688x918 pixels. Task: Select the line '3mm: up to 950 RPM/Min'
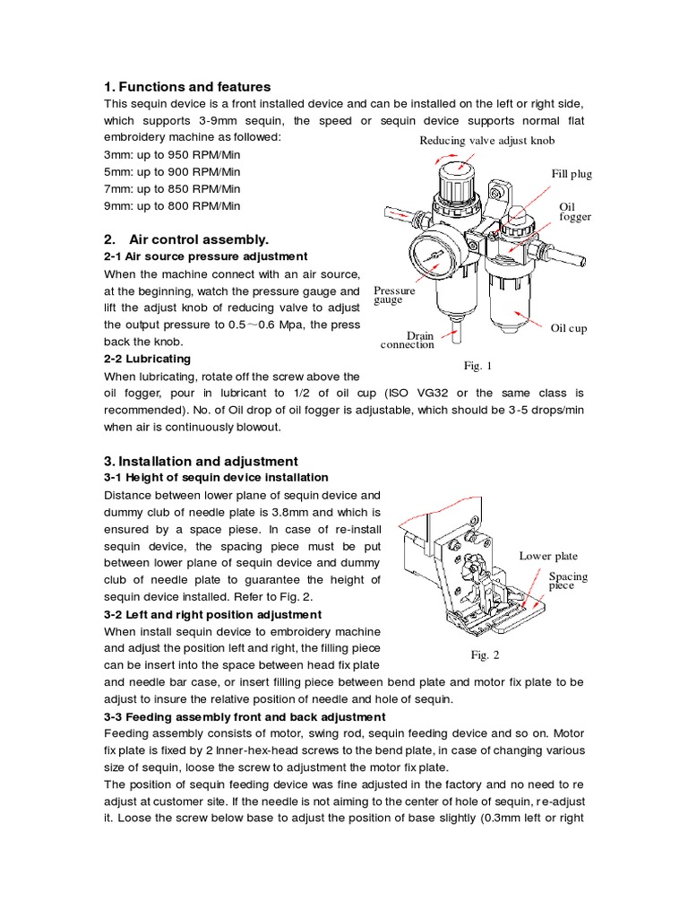(172, 154)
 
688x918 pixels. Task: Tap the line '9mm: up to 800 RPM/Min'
(172, 205)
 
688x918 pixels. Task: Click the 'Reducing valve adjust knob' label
(487, 142)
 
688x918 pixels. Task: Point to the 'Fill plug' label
(572, 174)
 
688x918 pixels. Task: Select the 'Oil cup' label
(569, 328)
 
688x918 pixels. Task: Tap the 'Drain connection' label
(408, 340)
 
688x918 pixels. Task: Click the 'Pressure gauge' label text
(394, 296)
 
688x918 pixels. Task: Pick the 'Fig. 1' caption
(477, 365)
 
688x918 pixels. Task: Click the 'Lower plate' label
(548, 556)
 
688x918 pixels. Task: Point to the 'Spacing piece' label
(568, 581)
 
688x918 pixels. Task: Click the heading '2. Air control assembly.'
(186, 239)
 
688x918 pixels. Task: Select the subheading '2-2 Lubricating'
(148, 359)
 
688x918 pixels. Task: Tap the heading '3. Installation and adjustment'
(194, 461)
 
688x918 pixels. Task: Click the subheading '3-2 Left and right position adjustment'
(213, 614)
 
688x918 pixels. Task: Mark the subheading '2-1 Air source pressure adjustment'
(205, 256)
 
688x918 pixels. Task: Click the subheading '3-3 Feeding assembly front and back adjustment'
(245, 716)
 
